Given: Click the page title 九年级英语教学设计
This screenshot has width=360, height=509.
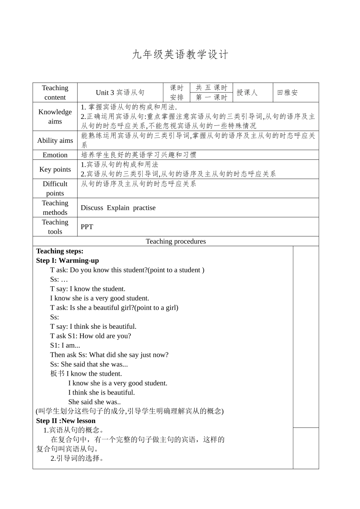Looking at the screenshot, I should pos(180,55).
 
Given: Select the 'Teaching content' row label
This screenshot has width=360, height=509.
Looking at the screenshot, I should pos(55,92).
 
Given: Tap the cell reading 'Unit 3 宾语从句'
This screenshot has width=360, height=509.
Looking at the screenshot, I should pos(120,92).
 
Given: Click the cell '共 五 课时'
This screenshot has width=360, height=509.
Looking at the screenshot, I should pos(211,88).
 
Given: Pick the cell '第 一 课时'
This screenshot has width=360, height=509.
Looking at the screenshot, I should pos(211,97).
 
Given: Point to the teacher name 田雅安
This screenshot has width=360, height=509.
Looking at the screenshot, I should pos(288,92).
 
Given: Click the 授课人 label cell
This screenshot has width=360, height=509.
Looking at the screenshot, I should pos(247,92).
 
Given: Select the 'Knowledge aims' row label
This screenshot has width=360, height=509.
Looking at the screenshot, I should pos(55,117).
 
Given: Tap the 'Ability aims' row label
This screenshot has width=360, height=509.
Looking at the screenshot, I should pos(55,141).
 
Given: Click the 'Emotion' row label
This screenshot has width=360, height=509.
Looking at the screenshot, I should pos(55,155).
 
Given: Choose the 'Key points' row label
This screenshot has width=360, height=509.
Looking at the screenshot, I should pos(55,169).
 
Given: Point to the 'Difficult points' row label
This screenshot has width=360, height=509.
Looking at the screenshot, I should pos(55,188).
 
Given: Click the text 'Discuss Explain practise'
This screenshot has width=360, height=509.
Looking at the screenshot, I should pos(118,208).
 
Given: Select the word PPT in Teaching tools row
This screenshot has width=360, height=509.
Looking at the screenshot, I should pos(87,227).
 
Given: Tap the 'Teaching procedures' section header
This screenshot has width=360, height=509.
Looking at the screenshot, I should pos(176,241).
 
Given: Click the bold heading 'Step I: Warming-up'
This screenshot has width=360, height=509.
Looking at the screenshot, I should pos(67,261).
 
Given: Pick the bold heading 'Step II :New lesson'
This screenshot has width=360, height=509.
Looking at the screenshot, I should pos(66,421).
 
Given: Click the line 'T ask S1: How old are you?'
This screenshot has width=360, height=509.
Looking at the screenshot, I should pos(91,336).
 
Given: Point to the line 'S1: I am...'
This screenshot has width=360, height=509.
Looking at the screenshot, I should pos(65,345).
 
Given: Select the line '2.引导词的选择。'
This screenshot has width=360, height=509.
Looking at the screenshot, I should pos(78,458).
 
